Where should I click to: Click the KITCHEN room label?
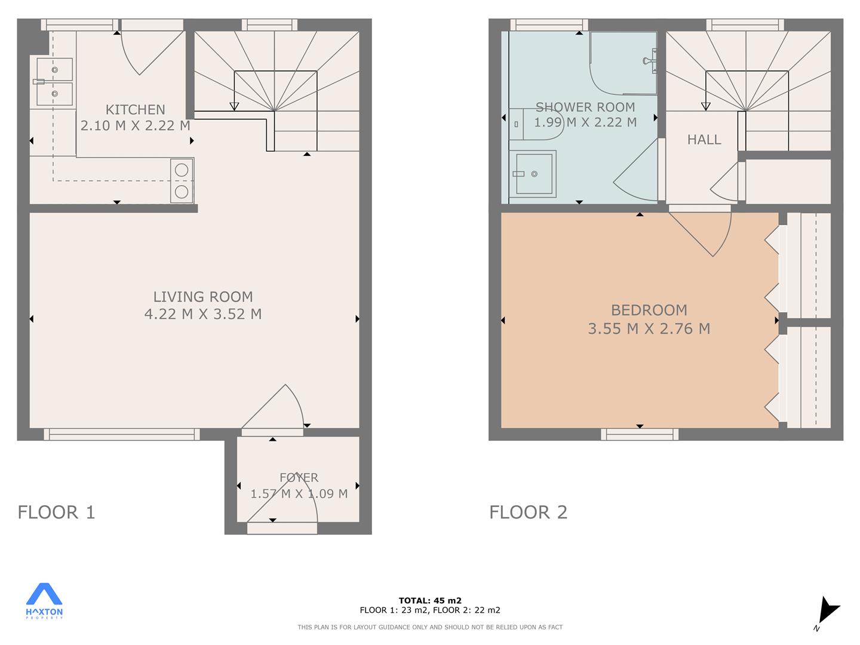pyautogui.click(x=135, y=110)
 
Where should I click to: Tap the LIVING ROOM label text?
pyautogui.click(x=203, y=297)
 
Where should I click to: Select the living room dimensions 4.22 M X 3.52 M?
pyautogui.click(x=203, y=314)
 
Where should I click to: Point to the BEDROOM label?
pyautogui.click(x=649, y=310)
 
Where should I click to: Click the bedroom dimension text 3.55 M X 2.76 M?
pyautogui.click(x=649, y=328)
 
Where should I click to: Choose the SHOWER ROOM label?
pyautogui.click(x=585, y=107)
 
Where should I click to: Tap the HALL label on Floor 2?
pyautogui.click(x=704, y=139)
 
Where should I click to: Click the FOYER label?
pyautogui.click(x=299, y=477)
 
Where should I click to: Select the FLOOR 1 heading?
pyautogui.click(x=56, y=512)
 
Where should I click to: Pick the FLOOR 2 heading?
pyautogui.click(x=528, y=512)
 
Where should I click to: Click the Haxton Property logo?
pyautogui.click(x=44, y=601)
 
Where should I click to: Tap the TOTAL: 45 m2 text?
pyautogui.click(x=430, y=600)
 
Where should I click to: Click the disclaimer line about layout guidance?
pyautogui.click(x=430, y=627)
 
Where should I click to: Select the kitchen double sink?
pyautogui.click(x=54, y=82)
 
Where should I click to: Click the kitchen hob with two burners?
pyautogui.click(x=182, y=180)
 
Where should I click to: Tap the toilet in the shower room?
pyautogui.click(x=536, y=125)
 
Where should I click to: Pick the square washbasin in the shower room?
pyautogui.click(x=533, y=173)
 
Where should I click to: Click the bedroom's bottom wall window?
pyautogui.click(x=640, y=434)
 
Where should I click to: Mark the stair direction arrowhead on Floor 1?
pyautogui.click(x=234, y=106)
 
